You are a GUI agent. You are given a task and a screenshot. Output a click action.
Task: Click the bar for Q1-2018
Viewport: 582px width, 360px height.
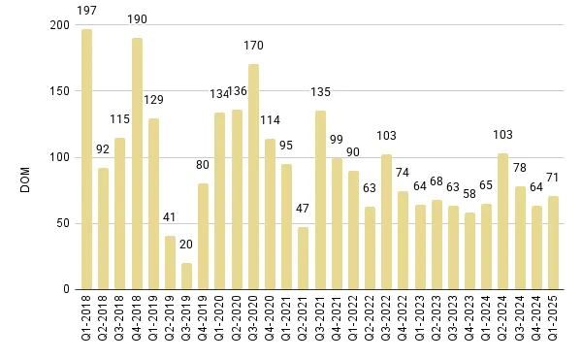(x=86, y=160)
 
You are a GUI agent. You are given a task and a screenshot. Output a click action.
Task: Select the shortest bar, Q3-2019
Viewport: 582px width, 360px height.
(x=187, y=277)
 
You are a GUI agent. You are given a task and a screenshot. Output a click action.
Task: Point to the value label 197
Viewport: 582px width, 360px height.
(x=86, y=20)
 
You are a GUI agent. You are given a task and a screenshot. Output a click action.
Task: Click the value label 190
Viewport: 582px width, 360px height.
(x=137, y=18)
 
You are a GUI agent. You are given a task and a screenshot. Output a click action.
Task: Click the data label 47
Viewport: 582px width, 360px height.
(x=304, y=209)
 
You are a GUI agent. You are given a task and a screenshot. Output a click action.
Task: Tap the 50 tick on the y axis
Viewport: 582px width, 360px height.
(x=64, y=224)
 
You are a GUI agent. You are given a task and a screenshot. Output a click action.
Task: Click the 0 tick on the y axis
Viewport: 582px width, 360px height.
(x=68, y=290)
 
